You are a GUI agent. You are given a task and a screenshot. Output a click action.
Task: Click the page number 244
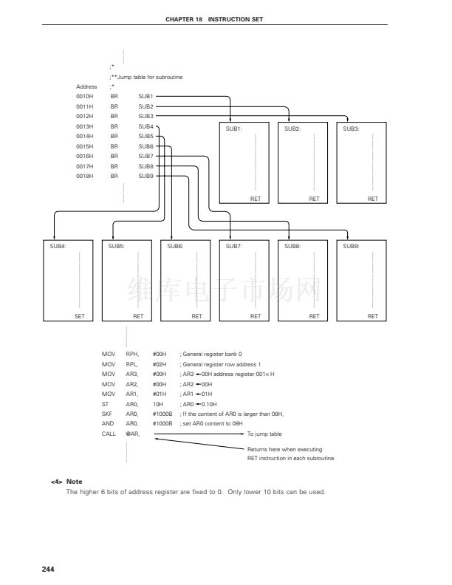click(x=49, y=568)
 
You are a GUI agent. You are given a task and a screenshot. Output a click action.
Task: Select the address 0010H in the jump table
click(x=84, y=96)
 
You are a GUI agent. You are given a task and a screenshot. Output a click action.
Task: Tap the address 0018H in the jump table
click(x=84, y=176)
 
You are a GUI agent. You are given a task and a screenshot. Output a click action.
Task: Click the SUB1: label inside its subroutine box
click(x=234, y=129)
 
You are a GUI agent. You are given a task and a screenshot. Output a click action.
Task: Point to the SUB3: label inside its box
click(x=352, y=129)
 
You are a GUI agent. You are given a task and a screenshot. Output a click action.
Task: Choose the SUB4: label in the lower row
click(x=58, y=245)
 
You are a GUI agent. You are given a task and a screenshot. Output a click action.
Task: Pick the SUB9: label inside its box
click(x=352, y=245)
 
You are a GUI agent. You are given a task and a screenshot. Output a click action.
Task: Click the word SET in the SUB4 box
click(x=79, y=316)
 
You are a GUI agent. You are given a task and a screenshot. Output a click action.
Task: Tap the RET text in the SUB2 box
click(x=314, y=199)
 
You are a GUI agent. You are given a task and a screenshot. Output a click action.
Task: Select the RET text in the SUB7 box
click(x=255, y=316)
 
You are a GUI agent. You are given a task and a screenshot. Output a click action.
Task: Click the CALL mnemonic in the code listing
click(x=109, y=434)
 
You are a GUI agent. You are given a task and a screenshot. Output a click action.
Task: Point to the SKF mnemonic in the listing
click(x=106, y=414)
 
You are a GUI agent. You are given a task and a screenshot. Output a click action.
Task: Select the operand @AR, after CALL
click(x=133, y=434)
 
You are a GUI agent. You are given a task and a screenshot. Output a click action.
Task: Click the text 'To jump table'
click(x=264, y=434)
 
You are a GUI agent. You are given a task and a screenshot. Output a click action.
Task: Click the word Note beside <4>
click(x=74, y=482)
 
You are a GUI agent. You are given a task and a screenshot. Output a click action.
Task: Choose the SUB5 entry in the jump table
click(x=145, y=136)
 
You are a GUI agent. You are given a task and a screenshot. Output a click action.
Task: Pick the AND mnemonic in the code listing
click(x=108, y=424)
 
